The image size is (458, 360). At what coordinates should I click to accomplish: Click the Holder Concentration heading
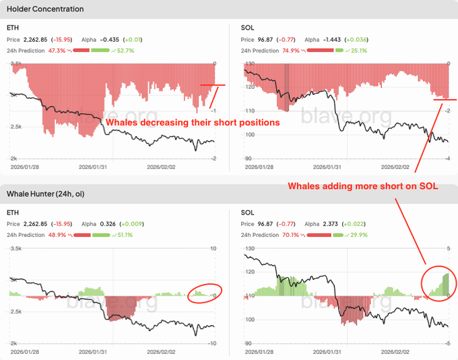coord(45,9)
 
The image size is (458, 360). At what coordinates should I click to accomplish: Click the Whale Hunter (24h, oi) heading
coord(45,194)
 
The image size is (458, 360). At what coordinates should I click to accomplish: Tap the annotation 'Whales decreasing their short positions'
coord(192,122)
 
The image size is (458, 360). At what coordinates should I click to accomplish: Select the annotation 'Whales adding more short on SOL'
coord(363,186)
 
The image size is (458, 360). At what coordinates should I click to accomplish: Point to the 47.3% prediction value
coord(57,50)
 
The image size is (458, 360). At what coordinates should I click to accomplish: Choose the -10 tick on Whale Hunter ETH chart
coord(213,343)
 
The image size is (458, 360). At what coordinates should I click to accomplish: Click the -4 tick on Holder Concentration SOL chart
coord(447,158)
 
